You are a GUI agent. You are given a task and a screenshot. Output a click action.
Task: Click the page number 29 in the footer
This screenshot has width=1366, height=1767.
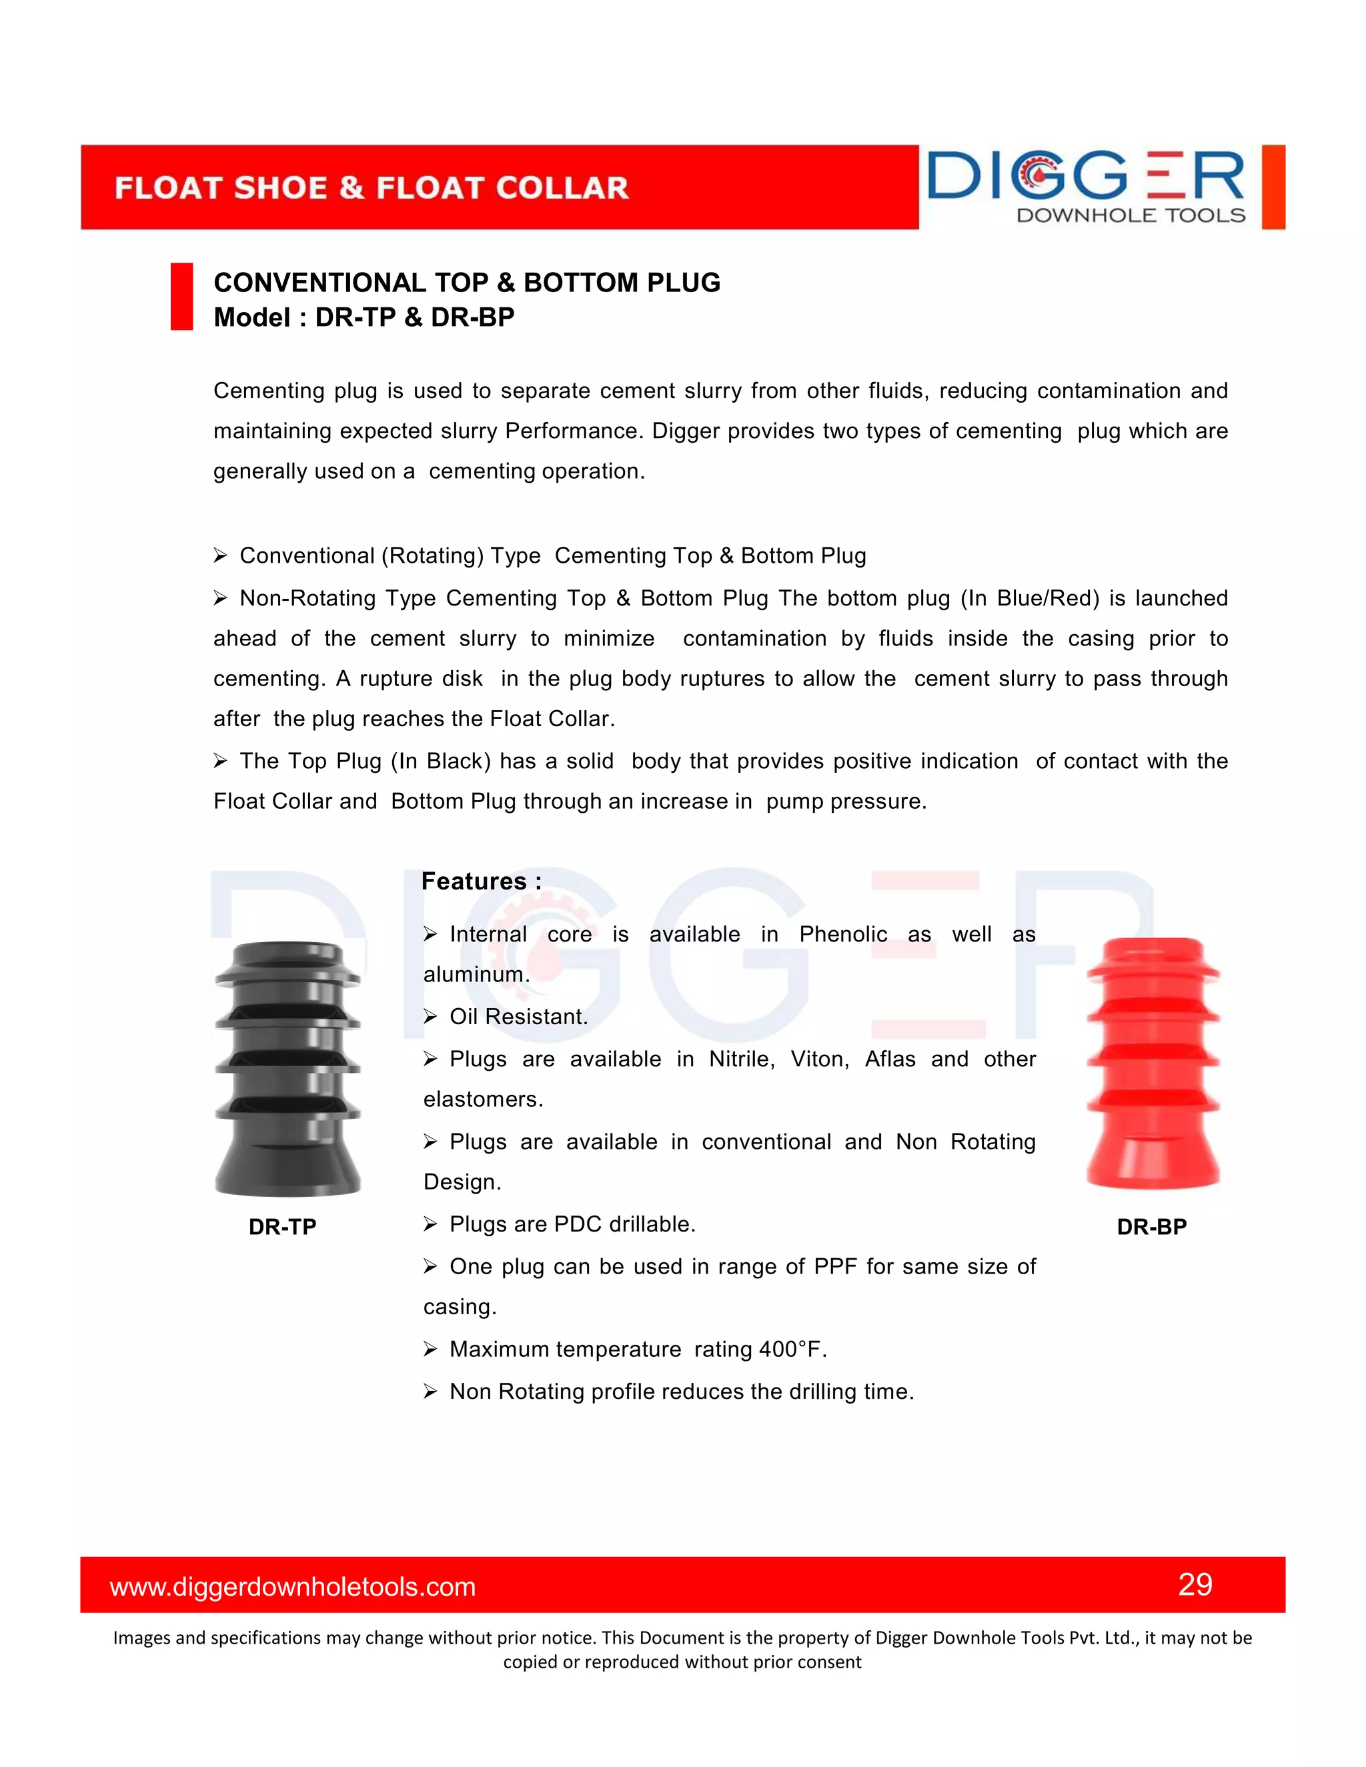[x=1195, y=1584]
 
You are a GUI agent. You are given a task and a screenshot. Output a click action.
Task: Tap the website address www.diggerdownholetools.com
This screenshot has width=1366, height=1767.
[x=292, y=1586]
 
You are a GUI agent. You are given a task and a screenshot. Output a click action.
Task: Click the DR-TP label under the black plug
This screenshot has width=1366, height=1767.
[x=281, y=1226]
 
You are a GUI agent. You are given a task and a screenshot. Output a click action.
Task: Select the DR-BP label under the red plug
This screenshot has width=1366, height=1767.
[x=1151, y=1226]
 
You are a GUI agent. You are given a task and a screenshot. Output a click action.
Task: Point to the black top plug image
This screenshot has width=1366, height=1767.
[x=287, y=1068]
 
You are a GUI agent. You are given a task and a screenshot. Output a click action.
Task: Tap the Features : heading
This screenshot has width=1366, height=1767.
[x=481, y=881]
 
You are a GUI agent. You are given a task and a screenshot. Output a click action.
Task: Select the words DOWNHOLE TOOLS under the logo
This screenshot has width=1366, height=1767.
[x=1130, y=215]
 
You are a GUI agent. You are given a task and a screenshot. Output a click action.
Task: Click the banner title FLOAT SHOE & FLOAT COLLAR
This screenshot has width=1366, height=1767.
[x=372, y=188]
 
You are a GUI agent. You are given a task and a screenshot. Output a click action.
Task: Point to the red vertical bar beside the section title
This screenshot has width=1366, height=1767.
[x=181, y=296]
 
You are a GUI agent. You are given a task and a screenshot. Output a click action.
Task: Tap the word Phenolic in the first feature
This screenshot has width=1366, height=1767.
[x=842, y=934]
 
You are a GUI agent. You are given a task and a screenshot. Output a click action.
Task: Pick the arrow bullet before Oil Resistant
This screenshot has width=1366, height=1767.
[x=430, y=1017]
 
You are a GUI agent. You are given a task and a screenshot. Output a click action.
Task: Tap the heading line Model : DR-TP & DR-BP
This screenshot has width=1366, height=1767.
[x=364, y=317]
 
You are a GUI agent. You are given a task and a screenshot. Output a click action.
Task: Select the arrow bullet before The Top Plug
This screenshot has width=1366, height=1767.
[x=220, y=761]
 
